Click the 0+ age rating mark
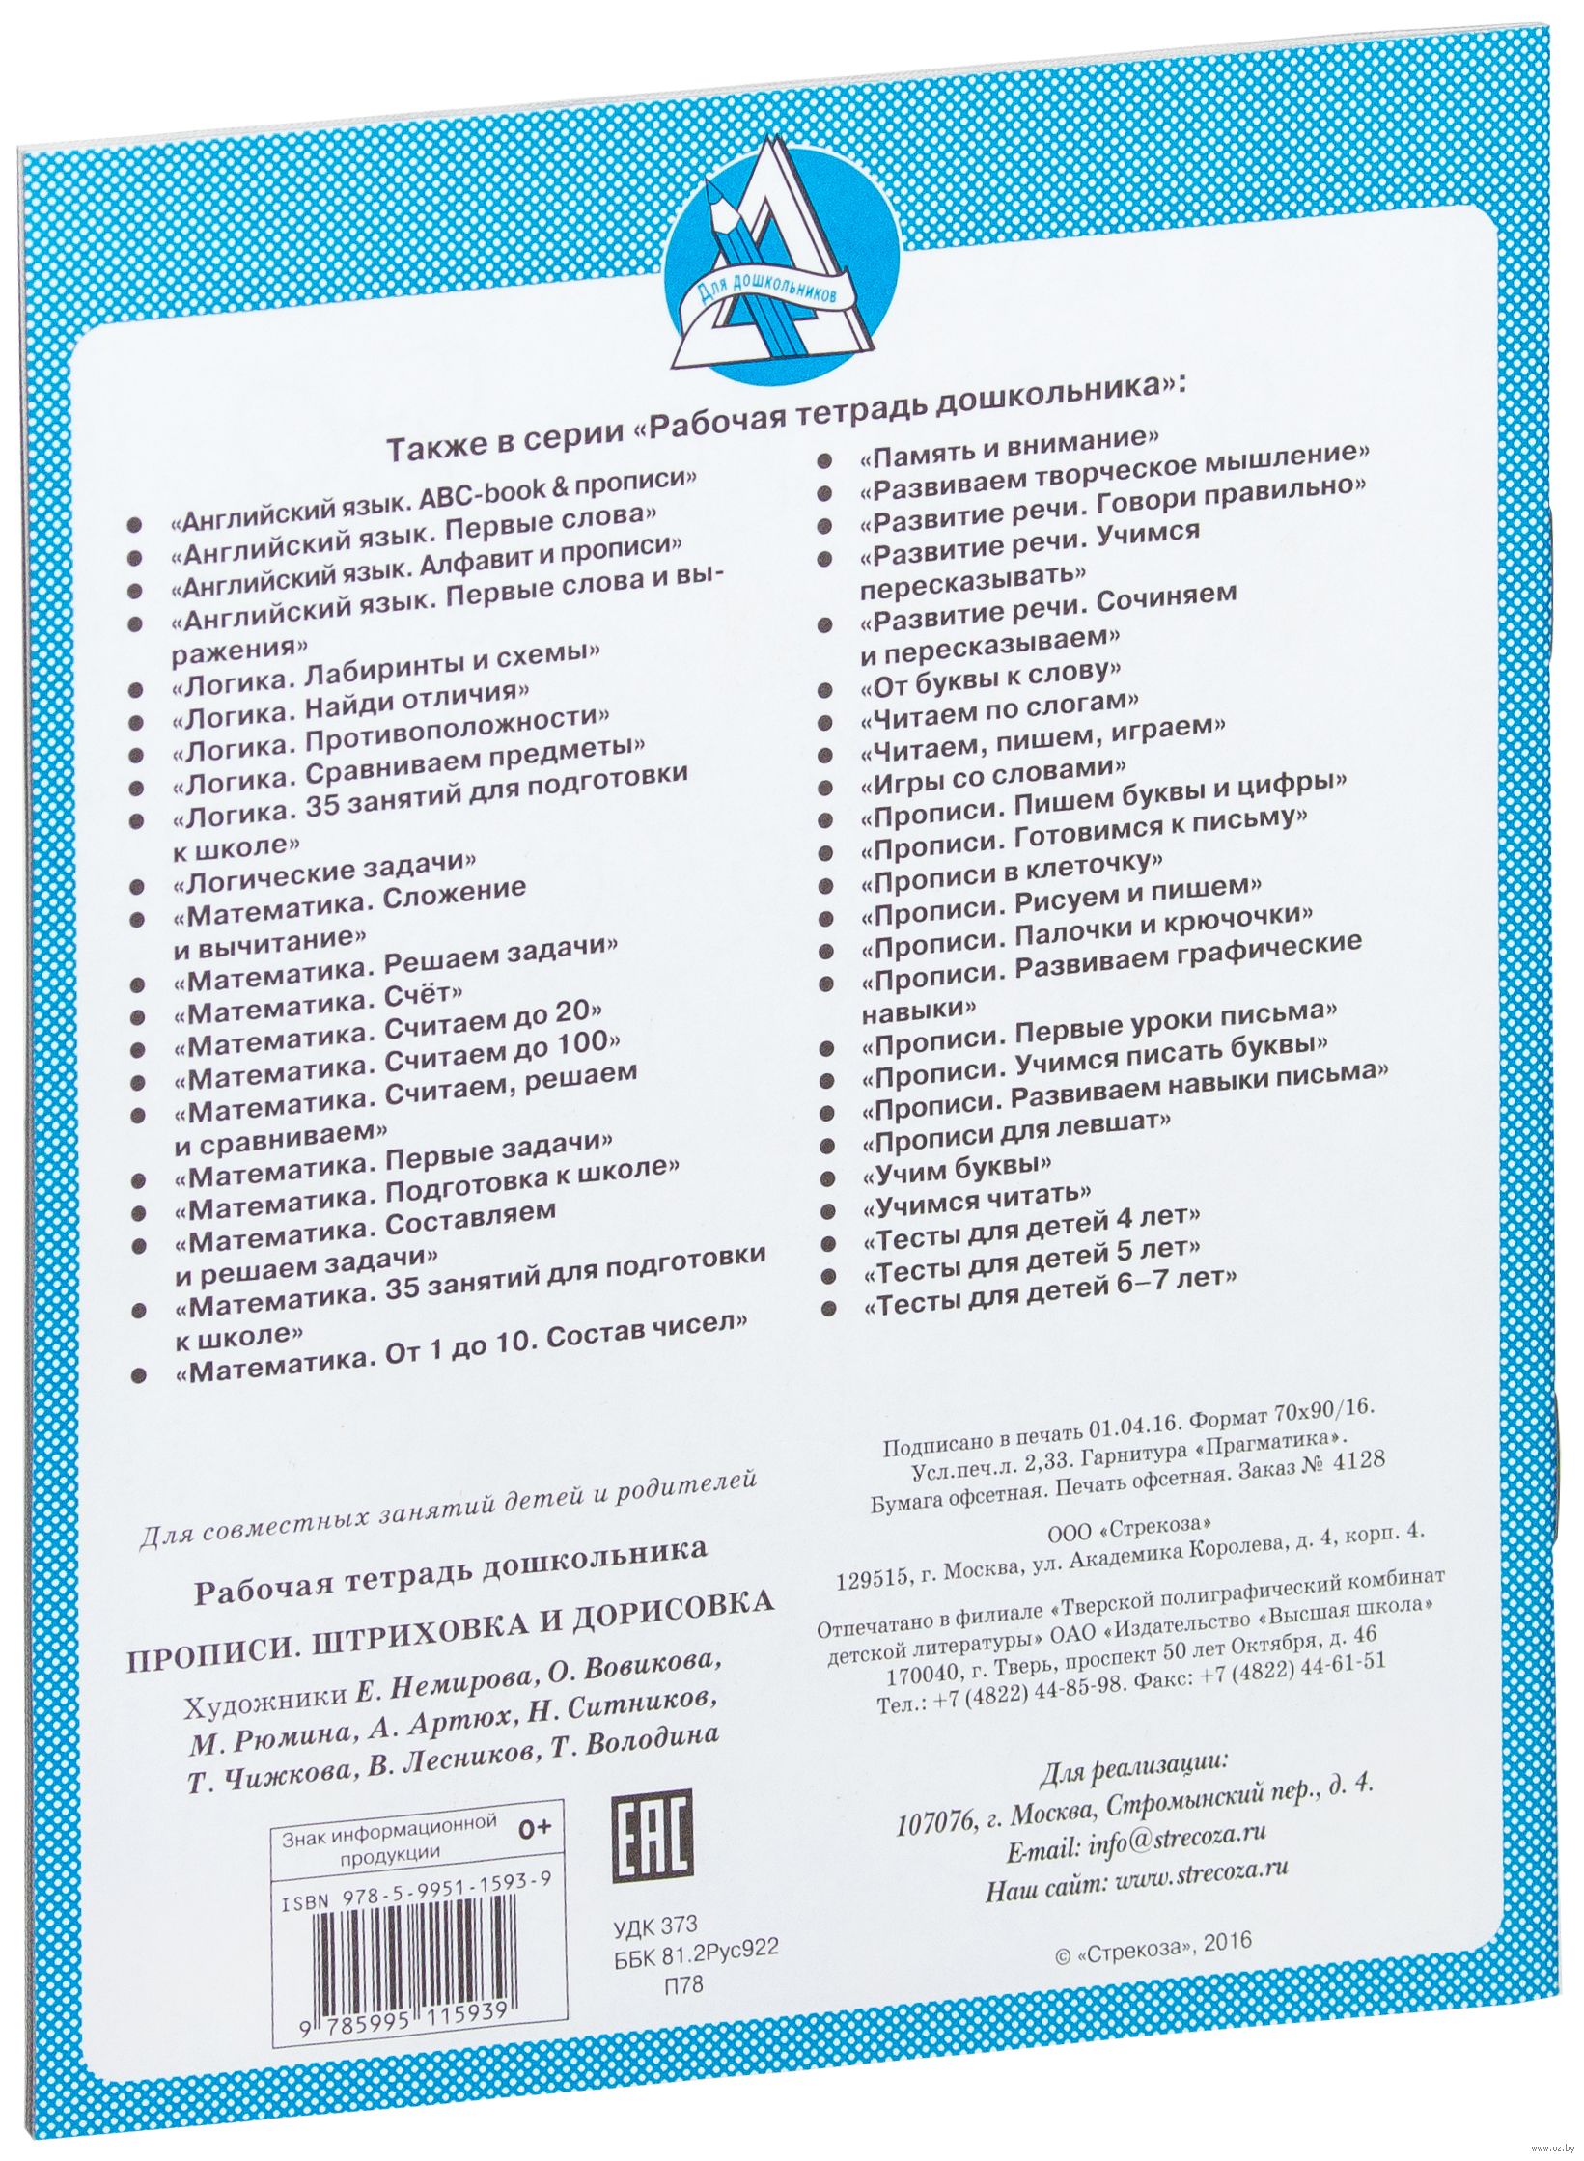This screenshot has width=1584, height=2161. (533, 1826)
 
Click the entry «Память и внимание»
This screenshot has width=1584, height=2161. (1008, 450)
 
